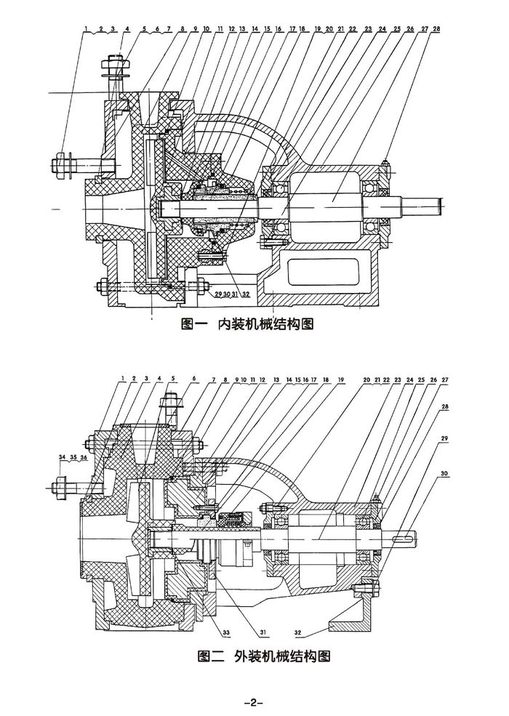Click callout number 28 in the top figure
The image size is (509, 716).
click(x=436, y=28)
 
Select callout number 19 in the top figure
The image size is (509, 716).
click(x=318, y=28)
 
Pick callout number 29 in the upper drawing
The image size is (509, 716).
click(x=217, y=295)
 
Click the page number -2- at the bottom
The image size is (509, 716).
click(x=253, y=702)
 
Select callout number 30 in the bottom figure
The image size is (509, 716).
click(x=444, y=474)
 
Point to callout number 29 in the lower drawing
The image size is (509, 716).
click(x=444, y=439)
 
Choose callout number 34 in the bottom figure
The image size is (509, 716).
click(x=62, y=457)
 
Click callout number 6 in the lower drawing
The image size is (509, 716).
click(x=195, y=379)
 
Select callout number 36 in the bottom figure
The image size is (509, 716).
click(x=84, y=457)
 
